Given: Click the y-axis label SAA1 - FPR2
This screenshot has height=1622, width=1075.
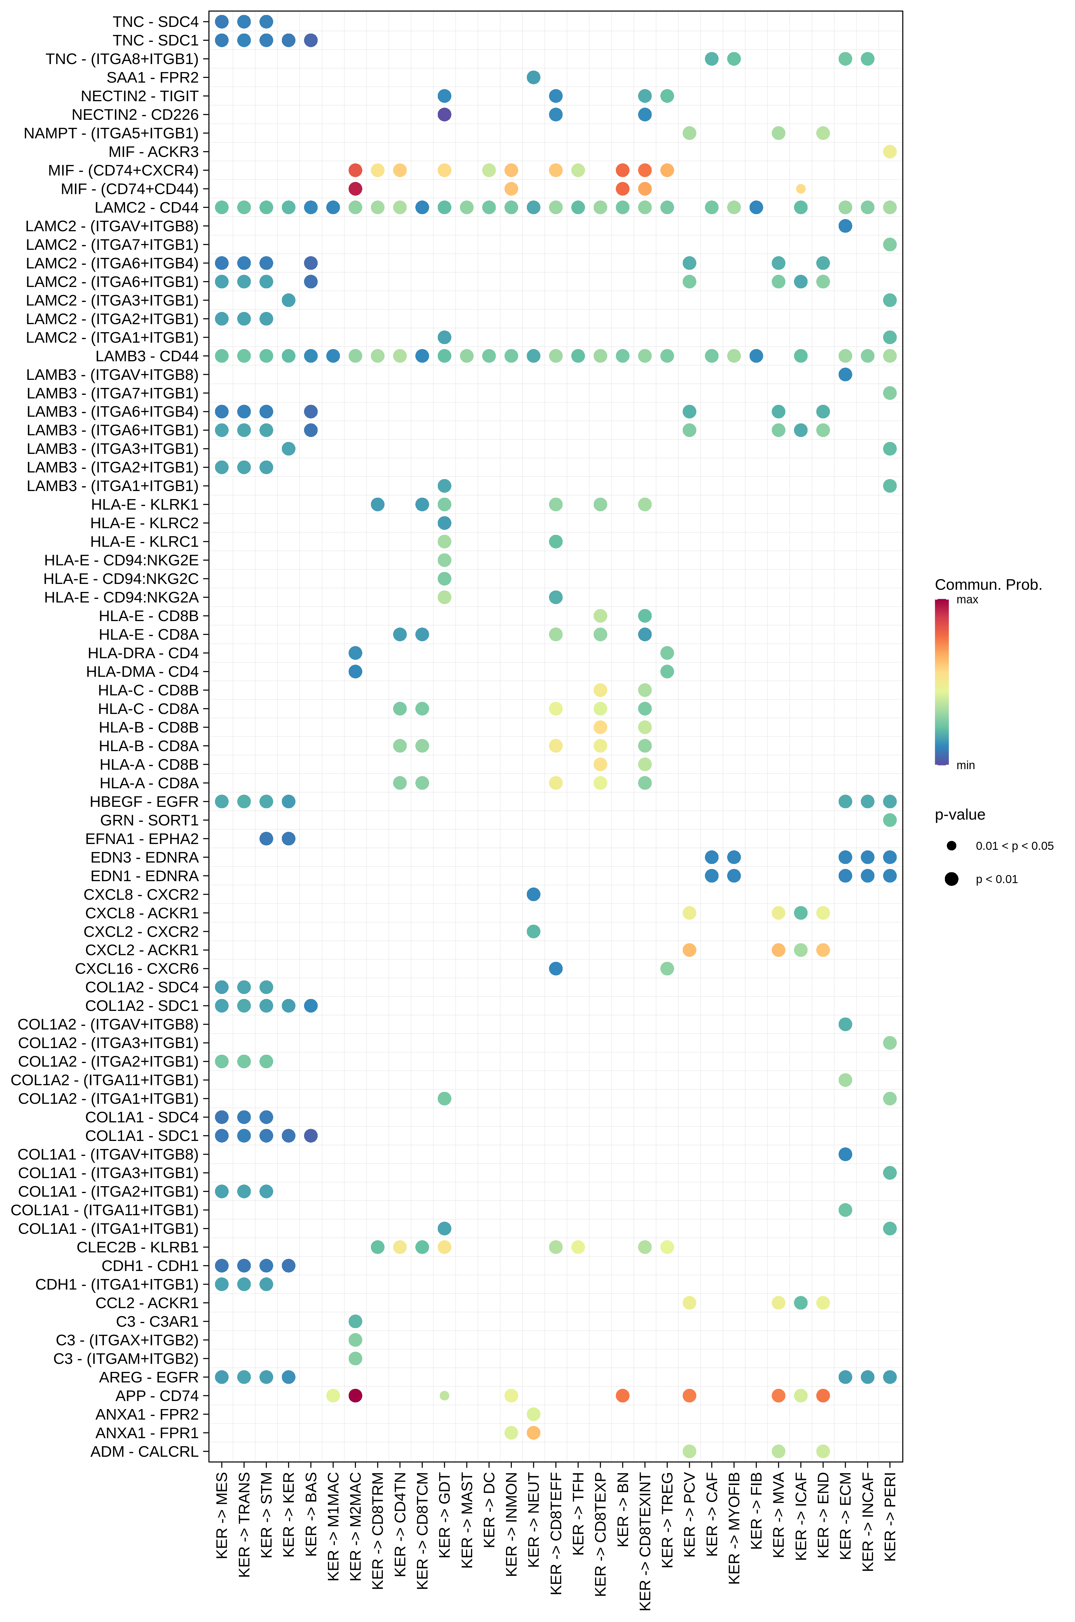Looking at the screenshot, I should tap(152, 77).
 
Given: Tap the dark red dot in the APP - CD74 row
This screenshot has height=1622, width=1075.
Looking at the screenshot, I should tap(355, 1395).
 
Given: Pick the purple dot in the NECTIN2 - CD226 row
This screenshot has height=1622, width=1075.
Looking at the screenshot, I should tap(444, 115).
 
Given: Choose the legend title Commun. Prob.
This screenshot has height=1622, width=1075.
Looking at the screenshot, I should tap(988, 584).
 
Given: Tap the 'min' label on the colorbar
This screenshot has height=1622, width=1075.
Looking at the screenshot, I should tap(965, 766).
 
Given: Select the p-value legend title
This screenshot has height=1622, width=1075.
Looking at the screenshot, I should tap(960, 815).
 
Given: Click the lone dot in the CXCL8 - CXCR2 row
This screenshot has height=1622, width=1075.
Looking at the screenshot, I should tap(533, 894).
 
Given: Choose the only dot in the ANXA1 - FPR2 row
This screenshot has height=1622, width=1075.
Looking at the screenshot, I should tap(533, 1414).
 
